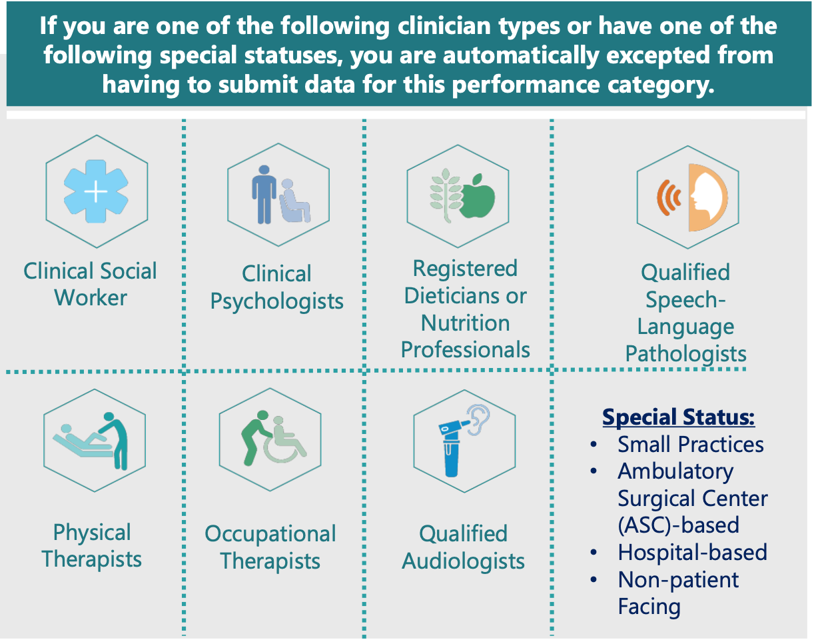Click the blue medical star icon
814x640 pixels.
coord(96,191)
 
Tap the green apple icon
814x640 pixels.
coord(477,196)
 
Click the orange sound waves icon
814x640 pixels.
coord(669,197)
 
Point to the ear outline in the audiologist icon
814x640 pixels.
coord(479,419)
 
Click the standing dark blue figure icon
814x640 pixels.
coord(264,194)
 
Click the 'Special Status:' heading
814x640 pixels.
coord(678,417)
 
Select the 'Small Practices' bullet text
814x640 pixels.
coord(690,444)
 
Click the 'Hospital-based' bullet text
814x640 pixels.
coord(693,552)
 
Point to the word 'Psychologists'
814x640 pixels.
coord(276,301)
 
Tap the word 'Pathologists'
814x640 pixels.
coord(686,353)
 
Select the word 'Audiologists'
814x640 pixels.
coord(464,561)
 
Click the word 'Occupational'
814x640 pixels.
coord(270,534)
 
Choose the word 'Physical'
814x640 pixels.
coord(92,533)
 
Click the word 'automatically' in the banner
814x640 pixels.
coord(522,55)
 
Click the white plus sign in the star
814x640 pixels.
coord(96,191)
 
